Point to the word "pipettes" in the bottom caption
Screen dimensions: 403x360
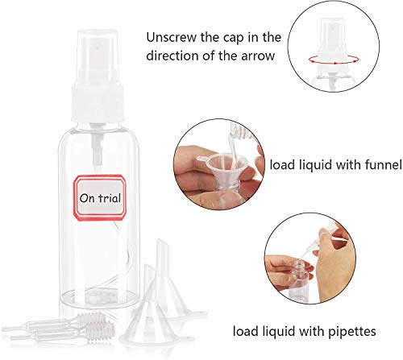(x=352, y=332)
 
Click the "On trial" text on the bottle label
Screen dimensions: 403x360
(x=100, y=198)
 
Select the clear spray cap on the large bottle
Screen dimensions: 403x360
(x=98, y=57)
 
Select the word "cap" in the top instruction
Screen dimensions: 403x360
(x=235, y=38)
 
